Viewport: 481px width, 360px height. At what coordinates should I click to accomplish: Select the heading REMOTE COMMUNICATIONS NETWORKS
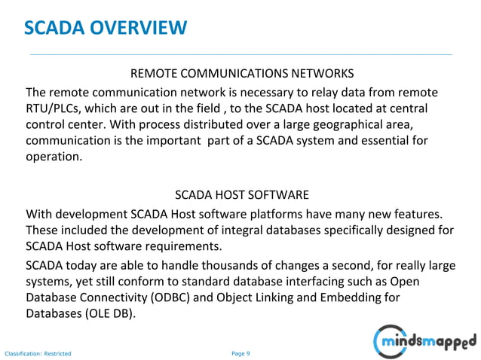coord(242,75)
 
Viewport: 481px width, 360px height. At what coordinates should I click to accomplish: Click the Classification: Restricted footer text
coord(38,353)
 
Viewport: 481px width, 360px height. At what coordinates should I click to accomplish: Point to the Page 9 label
coord(240,352)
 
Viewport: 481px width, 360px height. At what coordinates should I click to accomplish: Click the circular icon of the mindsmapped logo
coord(389,341)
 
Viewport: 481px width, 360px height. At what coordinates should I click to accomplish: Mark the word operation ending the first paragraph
coord(54,157)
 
